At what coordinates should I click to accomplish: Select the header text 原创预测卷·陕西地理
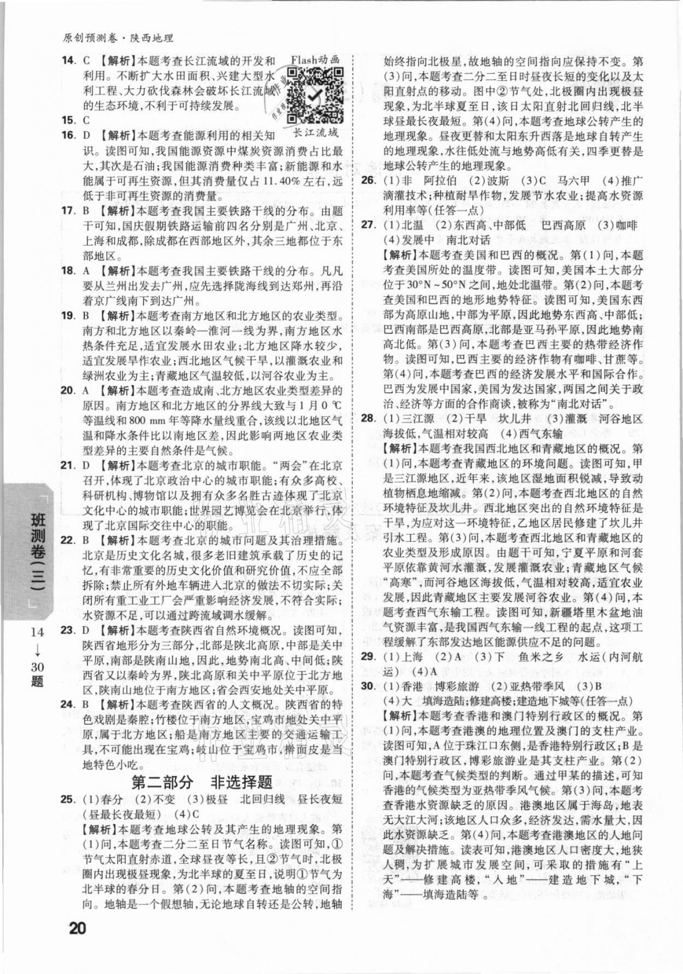118,38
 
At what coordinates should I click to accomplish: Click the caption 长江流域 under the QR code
315,133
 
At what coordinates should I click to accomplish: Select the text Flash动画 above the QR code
315,60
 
